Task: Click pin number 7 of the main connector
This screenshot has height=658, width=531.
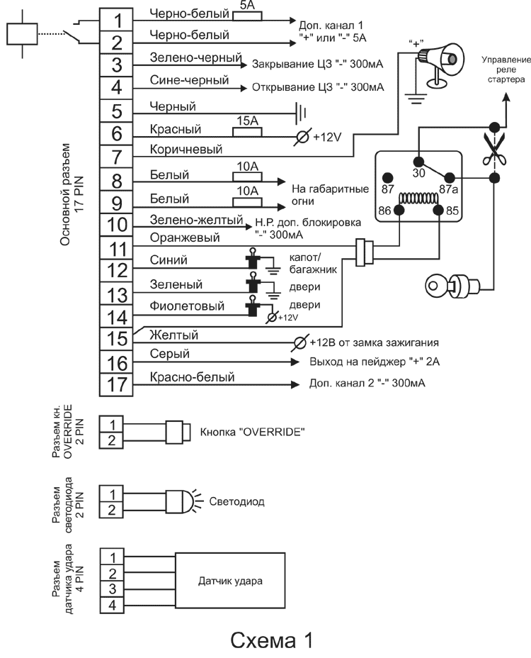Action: click(118, 155)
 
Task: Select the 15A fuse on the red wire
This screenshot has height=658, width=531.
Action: click(248, 131)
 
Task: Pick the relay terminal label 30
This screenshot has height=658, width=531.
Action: click(418, 172)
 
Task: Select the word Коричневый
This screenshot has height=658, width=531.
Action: click(186, 150)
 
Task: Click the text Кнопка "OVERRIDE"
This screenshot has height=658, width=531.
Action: click(253, 431)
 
